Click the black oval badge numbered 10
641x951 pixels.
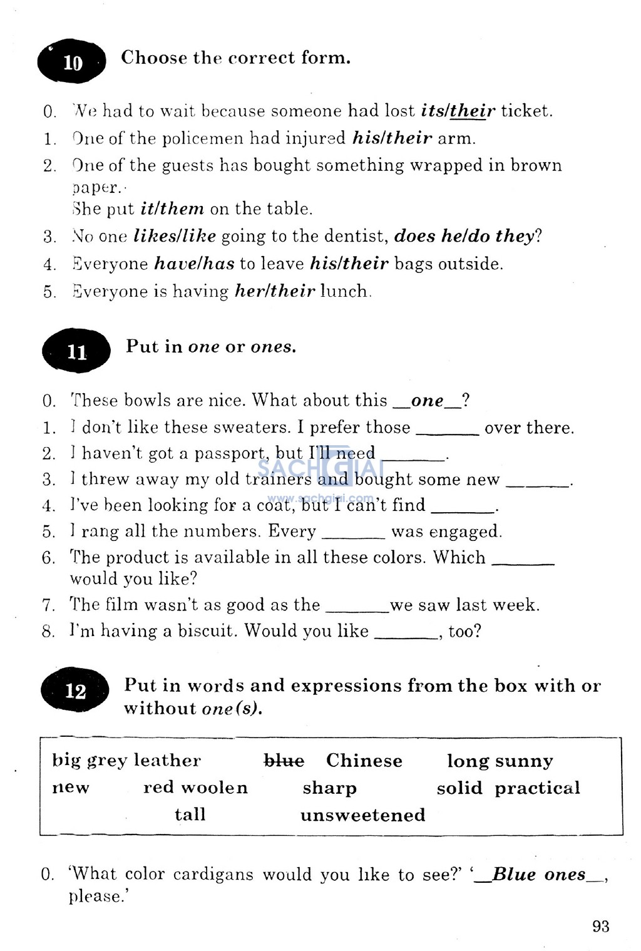pos(71,62)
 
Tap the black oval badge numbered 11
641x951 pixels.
pos(76,351)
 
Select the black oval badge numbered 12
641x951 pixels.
pos(75,691)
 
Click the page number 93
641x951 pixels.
pos(600,926)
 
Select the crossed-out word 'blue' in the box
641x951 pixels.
pos(284,761)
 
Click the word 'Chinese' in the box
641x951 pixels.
pos(364,761)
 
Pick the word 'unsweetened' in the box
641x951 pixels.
pos(362,815)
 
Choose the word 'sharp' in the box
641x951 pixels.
pos(329,788)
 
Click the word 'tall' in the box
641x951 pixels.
pos(190,815)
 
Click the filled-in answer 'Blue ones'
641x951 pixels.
pos(538,875)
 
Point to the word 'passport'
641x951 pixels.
pos(230,453)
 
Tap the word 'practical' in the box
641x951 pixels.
pos(537,788)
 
